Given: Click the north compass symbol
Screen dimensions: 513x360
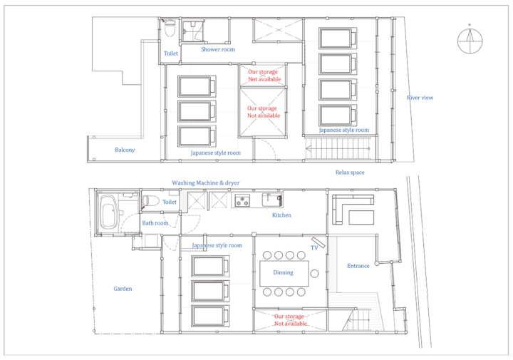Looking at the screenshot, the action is (x=470, y=41).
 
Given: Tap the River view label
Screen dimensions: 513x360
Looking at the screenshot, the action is (x=420, y=98).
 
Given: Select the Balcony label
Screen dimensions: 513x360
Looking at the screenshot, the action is (x=125, y=150).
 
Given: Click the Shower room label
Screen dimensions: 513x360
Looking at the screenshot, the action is (x=218, y=49).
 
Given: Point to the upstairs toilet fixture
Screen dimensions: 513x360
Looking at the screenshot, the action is (x=170, y=28).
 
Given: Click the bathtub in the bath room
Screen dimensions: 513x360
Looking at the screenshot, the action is (x=108, y=212).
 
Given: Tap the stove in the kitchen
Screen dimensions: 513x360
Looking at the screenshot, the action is (x=242, y=200).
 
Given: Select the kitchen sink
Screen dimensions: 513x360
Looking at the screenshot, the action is (x=272, y=200).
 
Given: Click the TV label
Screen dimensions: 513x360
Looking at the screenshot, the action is (x=314, y=248).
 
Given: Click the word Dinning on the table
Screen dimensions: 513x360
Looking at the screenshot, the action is (x=284, y=272).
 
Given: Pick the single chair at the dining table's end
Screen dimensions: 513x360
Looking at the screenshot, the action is (x=315, y=274).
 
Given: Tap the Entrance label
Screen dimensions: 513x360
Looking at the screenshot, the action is (x=358, y=266).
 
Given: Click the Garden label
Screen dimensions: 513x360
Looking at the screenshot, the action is (x=123, y=289).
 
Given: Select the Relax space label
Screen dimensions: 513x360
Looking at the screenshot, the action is (x=350, y=173).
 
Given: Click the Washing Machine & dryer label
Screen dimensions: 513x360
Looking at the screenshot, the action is (x=206, y=183).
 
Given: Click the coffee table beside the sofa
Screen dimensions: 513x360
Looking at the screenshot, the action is (x=361, y=217).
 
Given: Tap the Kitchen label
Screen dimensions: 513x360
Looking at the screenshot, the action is (x=281, y=215).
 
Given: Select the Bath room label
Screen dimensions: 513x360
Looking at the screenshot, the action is (x=155, y=223).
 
